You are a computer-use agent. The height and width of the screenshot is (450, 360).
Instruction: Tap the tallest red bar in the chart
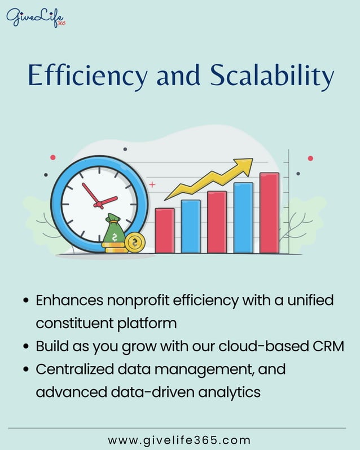269,213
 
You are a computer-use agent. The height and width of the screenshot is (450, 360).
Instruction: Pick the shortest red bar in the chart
164,231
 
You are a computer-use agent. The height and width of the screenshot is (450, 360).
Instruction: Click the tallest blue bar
243,218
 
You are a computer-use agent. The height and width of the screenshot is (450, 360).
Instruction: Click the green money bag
114,232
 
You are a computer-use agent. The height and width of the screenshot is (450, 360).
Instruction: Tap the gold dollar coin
134,243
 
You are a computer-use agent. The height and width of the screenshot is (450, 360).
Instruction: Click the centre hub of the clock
99,203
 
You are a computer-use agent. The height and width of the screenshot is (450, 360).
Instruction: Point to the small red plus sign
152,184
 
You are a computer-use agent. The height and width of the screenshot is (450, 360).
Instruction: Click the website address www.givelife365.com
179,439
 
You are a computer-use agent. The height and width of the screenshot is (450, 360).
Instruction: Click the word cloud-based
251,346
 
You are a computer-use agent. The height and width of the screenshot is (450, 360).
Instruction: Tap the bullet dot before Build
26,347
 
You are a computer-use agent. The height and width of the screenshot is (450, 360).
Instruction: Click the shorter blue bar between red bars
191,226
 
